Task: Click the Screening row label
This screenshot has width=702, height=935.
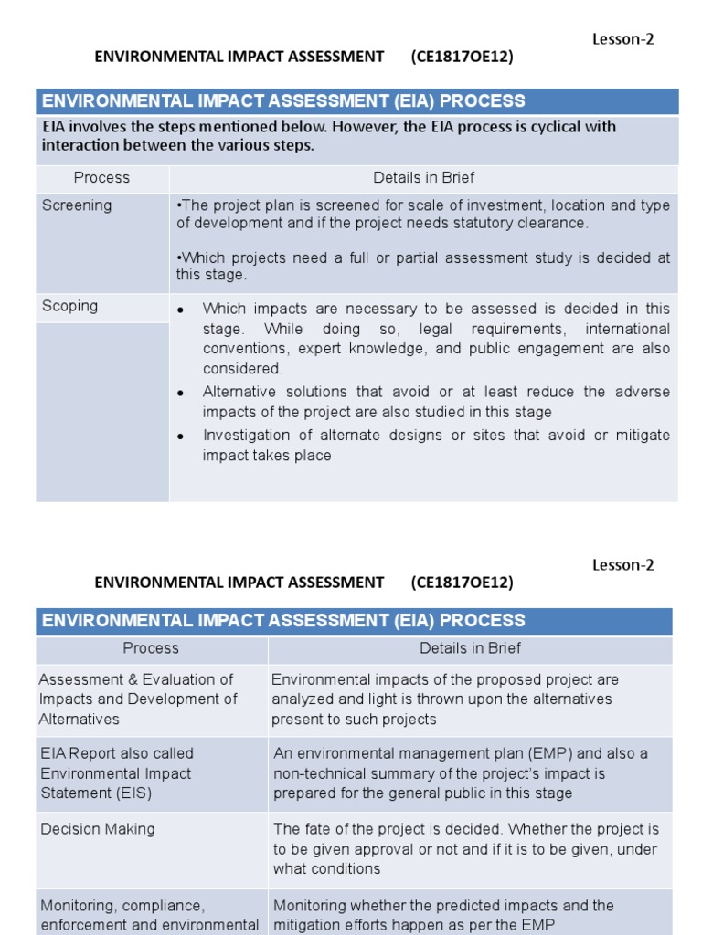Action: tap(77, 205)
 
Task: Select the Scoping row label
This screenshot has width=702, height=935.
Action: tap(69, 306)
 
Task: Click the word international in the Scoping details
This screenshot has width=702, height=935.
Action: tap(627, 329)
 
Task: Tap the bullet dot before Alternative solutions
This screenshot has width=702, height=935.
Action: tap(181, 393)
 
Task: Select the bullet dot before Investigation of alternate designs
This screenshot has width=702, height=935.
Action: tap(181, 436)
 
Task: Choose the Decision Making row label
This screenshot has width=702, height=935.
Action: tap(98, 829)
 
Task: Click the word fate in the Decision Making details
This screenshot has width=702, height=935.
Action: tap(316, 829)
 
